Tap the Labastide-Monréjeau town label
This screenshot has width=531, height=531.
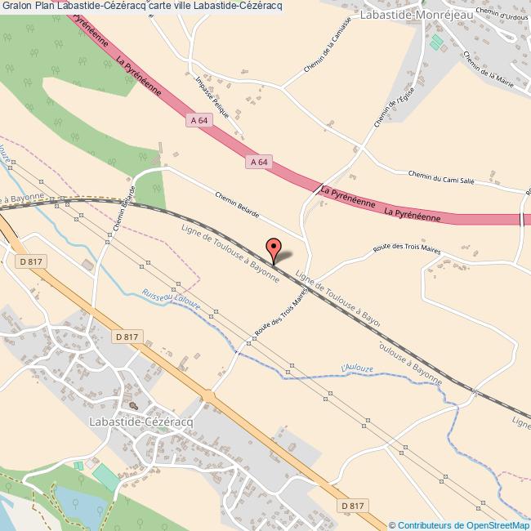click(408, 15)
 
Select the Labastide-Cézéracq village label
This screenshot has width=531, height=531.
click(139, 421)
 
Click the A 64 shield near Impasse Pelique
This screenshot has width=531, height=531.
click(198, 121)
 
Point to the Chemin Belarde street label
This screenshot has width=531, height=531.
click(237, 205)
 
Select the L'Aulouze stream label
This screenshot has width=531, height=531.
click(355, 370)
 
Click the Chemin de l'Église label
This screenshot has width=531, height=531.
click(390, 109)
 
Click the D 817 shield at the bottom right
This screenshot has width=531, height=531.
click(353, 506)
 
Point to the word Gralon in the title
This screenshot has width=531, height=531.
click(16, 7)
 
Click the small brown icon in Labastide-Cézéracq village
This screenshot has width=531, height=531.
click(133, 404)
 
